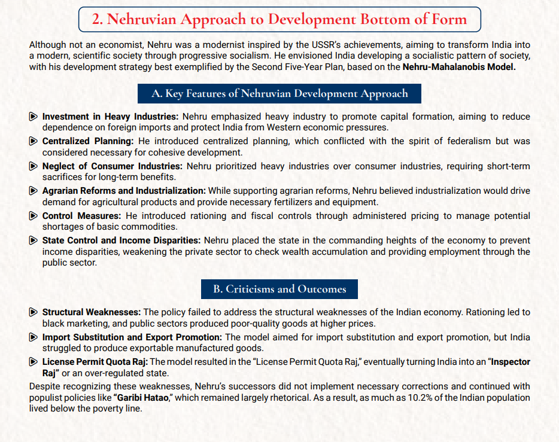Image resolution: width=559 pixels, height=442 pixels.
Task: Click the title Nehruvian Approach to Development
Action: click(x=279, y=19)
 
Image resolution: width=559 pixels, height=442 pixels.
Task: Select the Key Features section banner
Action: click(x=279, y=93)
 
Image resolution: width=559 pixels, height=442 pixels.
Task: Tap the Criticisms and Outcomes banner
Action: click(x=279, y=289)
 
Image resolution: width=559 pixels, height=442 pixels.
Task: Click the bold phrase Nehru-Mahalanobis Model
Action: click(x=458, y=67)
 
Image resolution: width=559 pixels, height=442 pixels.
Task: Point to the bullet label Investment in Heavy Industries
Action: click(x=110, y=117)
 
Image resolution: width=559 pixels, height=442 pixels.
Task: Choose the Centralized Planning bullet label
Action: click(x=88, y=141)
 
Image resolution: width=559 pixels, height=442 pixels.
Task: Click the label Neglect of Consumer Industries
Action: click(x=112, y=166)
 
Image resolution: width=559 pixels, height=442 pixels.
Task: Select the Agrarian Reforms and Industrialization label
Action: click(x=124, y=190)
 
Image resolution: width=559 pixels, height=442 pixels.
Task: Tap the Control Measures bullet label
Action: click(x=81, y=215)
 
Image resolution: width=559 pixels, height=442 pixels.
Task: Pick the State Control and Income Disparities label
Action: click(x=121, y=240)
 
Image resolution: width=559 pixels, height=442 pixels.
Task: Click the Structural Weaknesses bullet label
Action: click(x=92, y=312)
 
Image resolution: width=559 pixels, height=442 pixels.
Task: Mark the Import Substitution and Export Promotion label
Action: click(x=132, y=337)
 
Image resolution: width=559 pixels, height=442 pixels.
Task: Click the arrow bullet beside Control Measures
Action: click(x=34, y=215)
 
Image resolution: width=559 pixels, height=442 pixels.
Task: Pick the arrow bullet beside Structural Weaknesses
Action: click(x=34, y=312)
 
